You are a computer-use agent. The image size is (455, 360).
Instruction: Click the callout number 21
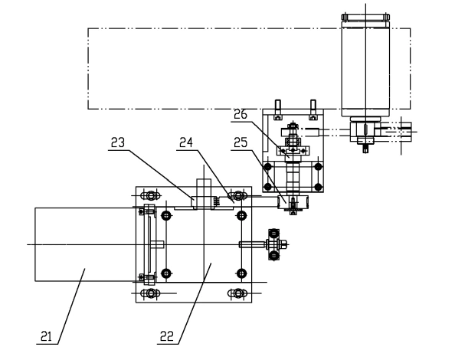click(46, 336)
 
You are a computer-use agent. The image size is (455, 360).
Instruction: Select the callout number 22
click(167, 336)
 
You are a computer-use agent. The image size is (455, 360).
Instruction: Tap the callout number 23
click(118, 142)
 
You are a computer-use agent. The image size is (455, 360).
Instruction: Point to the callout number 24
click(186, 142)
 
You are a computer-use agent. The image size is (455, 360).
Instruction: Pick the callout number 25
click(241, 142)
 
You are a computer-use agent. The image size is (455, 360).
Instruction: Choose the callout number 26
click(241, 114)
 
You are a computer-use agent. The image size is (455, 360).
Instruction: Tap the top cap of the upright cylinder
click(365, 17)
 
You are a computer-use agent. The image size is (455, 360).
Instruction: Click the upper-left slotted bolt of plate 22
click(151, 195)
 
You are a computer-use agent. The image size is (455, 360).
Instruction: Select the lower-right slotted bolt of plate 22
click(237, 293)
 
